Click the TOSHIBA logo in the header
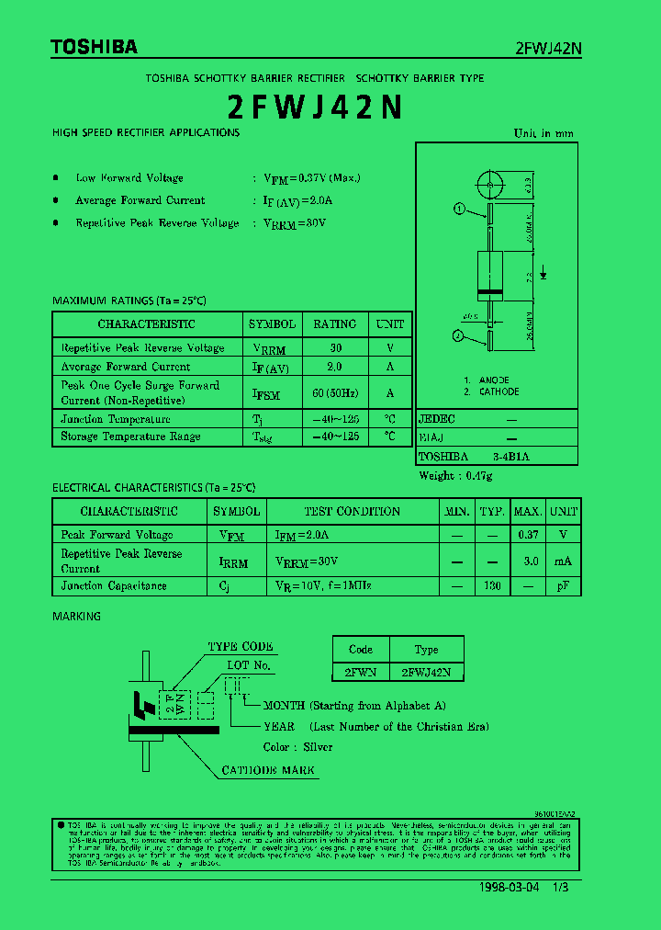click(95, 46)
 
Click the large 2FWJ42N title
click(315, 108)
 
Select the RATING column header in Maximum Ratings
click(334, 324)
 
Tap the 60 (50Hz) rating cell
click(334, 393)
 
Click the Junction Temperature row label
click(116, 419)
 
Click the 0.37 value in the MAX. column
click(528, 535)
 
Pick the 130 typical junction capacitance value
click(493, 585)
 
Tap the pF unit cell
click(564, 585)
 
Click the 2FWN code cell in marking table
click(360, 672)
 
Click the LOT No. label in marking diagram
click(249, 665)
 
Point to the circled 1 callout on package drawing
click(459, 209)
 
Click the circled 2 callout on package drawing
click(458, 336)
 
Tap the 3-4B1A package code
click(511, 456)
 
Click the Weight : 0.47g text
click(455, 475)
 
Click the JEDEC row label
click(437, 419)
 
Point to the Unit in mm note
click(543, 133)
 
